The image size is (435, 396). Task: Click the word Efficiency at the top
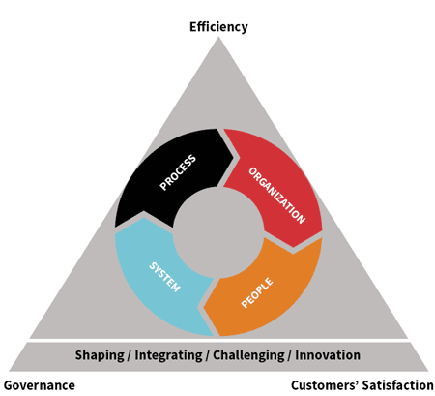click(x=218, y=27)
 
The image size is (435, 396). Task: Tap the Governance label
click(x=40, y=385)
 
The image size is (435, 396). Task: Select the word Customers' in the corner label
click(x=325, y=385)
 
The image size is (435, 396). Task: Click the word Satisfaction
click(x=398, y=385)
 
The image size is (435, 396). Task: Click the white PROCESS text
click(x=178, y=172)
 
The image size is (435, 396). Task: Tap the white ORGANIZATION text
click(x=277, y=196)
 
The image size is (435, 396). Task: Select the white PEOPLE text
click(x=257, y=293)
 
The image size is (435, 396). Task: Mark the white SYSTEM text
click(x=164, y=277)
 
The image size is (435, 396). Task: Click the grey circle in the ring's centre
click(x=218, y=232)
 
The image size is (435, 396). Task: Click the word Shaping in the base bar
click(x=100, y=355)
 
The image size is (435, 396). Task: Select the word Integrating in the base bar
click(x=168, y=355)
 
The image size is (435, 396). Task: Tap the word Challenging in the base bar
click(x=248, y=355)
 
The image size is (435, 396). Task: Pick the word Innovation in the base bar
click(x=328, y=354)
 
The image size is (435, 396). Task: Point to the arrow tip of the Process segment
click(x=234, y=157)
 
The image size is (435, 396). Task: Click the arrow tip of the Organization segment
click(x=293, y=248)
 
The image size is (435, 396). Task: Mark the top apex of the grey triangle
click(x=218, y=37)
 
